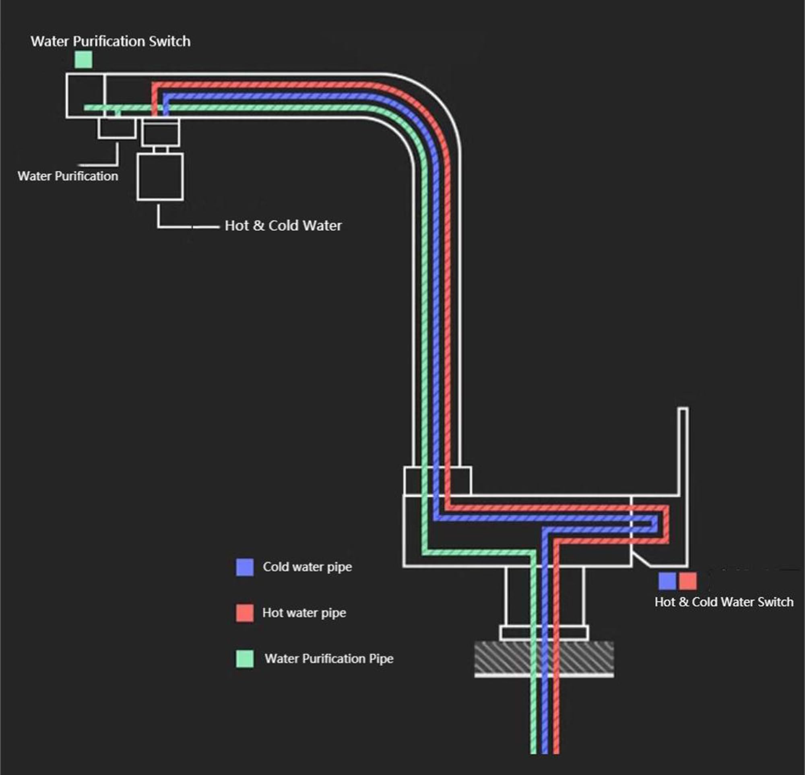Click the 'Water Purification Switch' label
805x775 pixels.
pos(110,41)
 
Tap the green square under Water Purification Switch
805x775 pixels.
pos(83,60)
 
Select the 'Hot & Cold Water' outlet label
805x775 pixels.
pos(283,225)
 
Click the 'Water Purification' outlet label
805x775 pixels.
pos(68,176)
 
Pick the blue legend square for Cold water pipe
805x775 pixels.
pos(245,567)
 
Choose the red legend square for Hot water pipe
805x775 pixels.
pos(245,613)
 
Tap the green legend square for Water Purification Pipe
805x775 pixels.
pos(245,659)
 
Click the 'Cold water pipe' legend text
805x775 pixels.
pos(308,567)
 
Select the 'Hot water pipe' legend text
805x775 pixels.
pos(304,613)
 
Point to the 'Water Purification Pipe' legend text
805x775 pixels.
pos(329,659)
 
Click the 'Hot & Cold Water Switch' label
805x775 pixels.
pos(724,602)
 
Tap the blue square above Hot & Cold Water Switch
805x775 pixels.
pos(667,581)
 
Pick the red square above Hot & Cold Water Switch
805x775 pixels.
pos(688,581)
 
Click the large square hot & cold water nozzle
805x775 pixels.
pos(160,177)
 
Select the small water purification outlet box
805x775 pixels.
pos(117,128)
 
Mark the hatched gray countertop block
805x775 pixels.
pos(544,659)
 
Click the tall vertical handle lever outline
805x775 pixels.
pos(683,487)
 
